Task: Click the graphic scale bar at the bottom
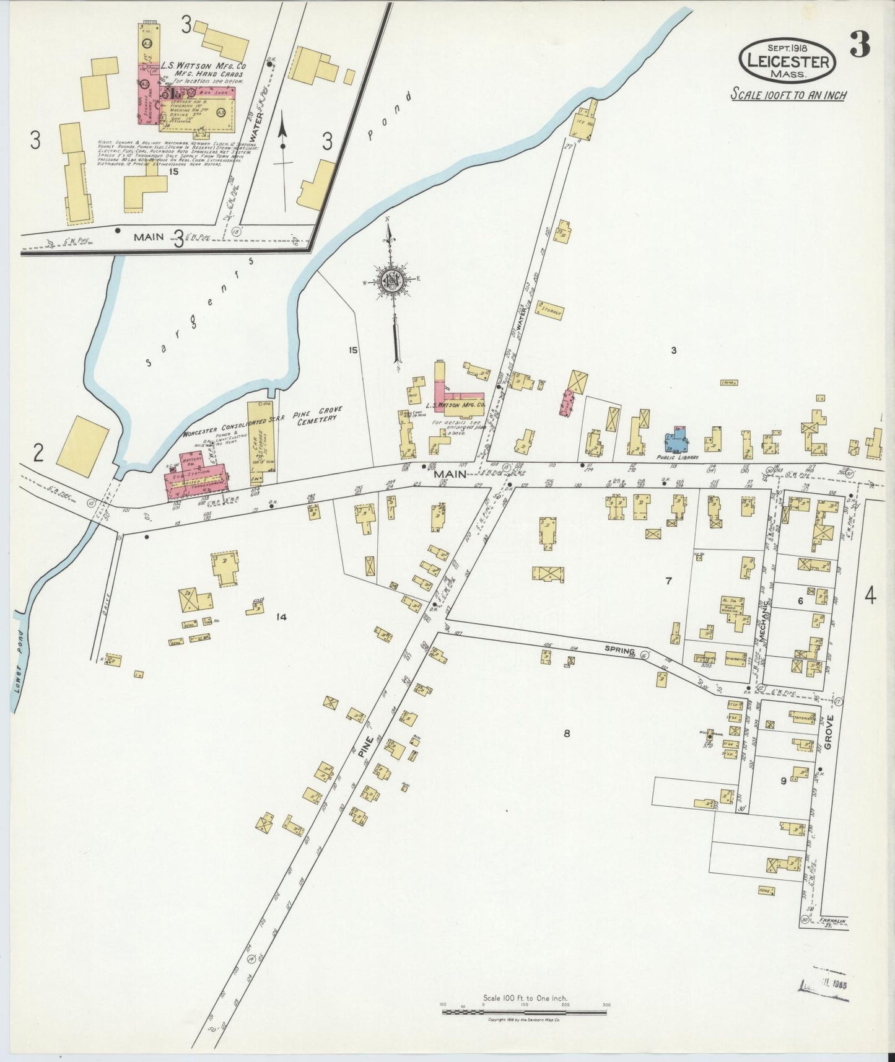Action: (525, 1012)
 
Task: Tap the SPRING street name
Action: (620, 651)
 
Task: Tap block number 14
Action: (282, 617)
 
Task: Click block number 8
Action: (566, 734)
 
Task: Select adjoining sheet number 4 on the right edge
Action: (870, 597)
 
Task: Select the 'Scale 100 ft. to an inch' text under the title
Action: (788, 95)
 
